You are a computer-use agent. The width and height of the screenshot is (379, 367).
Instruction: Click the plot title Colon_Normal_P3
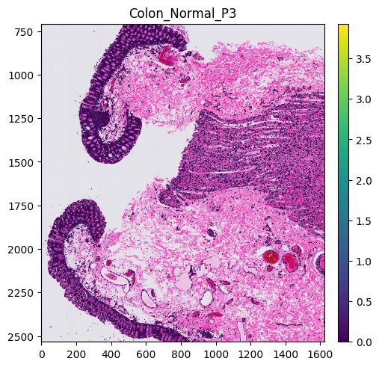click(x=182, y=13)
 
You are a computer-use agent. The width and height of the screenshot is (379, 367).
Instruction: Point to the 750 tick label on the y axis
click(x=24, y=32)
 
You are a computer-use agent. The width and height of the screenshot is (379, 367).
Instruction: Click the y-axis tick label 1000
click(x=21, y=75)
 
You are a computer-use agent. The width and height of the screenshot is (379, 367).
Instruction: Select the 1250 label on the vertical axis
click(x=21, y=119)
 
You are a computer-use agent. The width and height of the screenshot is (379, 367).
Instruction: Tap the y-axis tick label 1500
click(x=21, y=162)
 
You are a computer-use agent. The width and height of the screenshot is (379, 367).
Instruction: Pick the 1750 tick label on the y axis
click(x=21, y=206)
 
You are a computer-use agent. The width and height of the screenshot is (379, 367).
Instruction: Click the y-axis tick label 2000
click(x=21, y=250)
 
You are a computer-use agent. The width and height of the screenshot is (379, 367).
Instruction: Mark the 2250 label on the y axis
click(x=21, y=293)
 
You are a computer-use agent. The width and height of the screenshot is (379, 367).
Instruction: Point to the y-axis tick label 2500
click(x=21, y=337)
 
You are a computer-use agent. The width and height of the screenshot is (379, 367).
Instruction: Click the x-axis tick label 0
click(x=42, y=354)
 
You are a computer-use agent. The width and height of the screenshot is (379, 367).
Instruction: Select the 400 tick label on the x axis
click(x=111, y=354)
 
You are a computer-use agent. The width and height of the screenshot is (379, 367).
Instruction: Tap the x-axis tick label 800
click(x=181, y=354)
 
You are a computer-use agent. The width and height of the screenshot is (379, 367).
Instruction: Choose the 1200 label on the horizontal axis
click(x=250, y=354)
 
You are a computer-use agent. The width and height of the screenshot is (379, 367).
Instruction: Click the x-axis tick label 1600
click(x=320, y=354)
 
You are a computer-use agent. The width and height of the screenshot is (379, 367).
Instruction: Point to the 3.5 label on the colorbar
click(x=363, y=59)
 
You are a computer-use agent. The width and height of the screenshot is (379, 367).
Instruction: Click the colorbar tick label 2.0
click(x=363, y=181)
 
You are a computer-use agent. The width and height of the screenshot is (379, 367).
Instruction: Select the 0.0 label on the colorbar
click(x=363, y=342)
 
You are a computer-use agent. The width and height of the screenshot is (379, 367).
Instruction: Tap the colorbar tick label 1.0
click(x=363, y=262)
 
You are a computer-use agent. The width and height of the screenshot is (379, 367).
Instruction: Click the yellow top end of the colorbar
click(x=343, y=25)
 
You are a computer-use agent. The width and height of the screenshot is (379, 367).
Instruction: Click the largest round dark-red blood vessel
click(x=271, y=257)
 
